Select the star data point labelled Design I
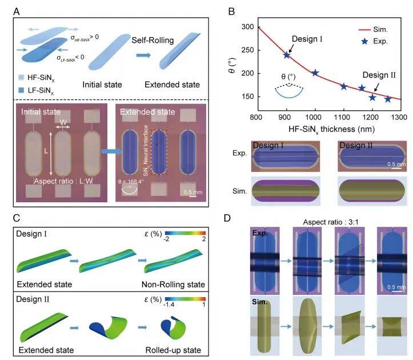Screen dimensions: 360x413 [x=287, y=55]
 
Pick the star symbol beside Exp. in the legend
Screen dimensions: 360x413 [x=352, y=41]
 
